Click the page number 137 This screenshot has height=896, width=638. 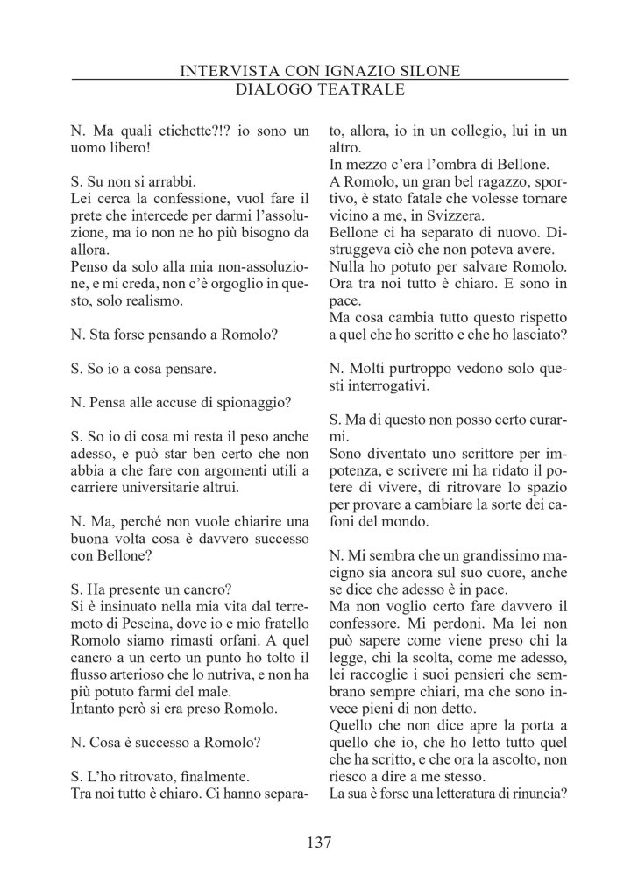tap(319, 843)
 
